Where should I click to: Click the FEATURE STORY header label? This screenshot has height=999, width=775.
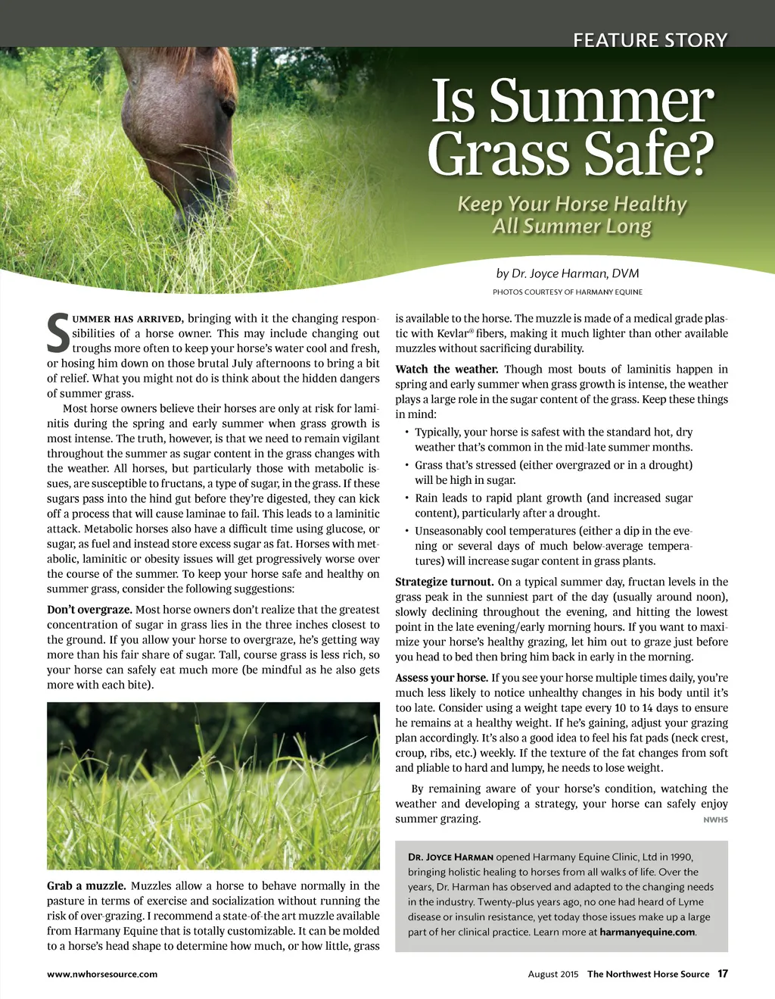[650, 39]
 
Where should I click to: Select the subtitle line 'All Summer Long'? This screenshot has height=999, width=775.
[571, 226]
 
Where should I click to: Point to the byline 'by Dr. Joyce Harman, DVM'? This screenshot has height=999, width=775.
[568, 273]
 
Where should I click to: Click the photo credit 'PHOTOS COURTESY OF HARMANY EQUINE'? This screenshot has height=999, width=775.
[568, 292]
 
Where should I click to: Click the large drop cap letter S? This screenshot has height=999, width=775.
[58, 334]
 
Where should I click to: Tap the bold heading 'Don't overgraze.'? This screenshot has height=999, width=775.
[89, 610]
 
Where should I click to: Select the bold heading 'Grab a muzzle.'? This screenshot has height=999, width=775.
[86, 885]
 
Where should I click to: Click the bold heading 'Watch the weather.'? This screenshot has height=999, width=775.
[447, 369]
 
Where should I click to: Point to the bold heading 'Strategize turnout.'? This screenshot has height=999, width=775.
[444, 582]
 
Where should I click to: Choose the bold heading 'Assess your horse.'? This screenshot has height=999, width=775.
[441, 678]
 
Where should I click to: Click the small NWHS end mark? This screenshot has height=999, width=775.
[715, 819]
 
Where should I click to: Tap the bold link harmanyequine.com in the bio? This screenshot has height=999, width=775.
[647, 932]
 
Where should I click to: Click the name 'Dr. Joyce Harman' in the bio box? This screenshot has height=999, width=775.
[450, 857]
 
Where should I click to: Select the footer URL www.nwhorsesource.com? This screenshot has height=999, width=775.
[102, 974]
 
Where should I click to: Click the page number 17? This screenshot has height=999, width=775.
[723, 973]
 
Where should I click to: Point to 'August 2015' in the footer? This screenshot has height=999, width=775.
[552, 974]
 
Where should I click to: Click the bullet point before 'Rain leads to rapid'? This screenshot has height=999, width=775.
[406, 498]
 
